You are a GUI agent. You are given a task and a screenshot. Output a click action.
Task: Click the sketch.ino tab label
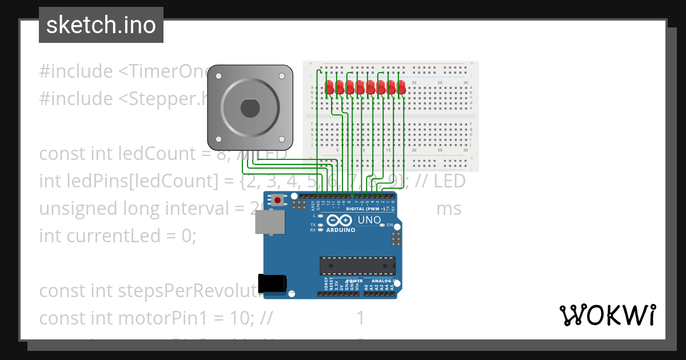pyautogui.click(x=101, y=25)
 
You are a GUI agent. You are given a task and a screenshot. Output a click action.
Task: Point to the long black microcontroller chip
pyautogui.click(x=357, y=266)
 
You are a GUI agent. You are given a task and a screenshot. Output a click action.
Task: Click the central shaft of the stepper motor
pyautogui.click(x=250, y=107)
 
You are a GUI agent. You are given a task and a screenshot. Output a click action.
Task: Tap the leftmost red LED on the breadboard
pyautogui.click(x=329, y=87)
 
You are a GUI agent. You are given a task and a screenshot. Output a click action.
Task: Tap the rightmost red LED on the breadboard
pyautogui.click(x=401, y=87)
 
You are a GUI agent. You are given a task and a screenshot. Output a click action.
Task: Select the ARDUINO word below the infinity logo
pyautogui.click(x=341, y=230)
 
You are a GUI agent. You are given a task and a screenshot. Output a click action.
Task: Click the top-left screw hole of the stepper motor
pyautogui.click(x=218, y=75)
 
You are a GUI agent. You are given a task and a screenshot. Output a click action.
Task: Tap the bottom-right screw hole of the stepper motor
pyautogui.click(x=282, y=139)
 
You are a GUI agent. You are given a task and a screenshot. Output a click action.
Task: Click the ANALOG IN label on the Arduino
pyautogui.click(x=384, y=281)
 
